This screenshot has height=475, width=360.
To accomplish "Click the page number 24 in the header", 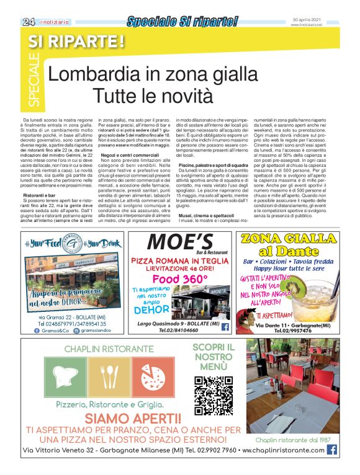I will (x=28, y=22).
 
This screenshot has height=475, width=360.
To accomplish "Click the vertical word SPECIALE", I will (x=34, y=80).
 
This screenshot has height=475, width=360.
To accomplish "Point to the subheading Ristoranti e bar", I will (x=40, y=195).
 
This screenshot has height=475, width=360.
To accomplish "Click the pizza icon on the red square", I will (x=153, y=378).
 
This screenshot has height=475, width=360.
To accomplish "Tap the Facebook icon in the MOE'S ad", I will (x=225, y=326).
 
